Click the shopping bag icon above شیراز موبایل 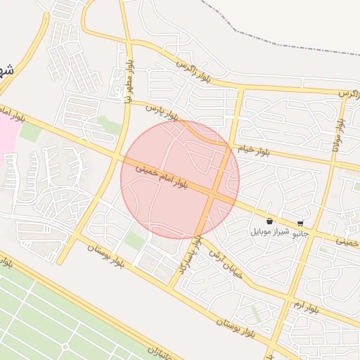tap(270, 221)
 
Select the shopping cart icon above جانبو tap(301, 224)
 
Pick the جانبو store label tap(300, 233)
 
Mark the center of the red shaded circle tap(180, 180)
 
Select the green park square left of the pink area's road tap(30, 131)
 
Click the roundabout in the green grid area tap(65, 347)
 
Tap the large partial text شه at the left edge tap(6, 71)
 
